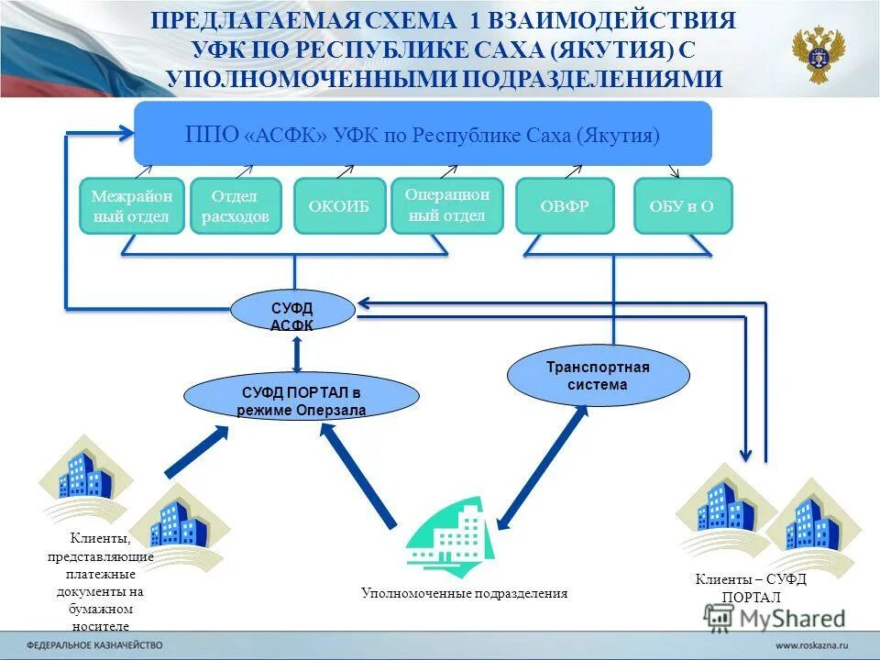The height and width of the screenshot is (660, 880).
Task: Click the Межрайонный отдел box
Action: [132, 205]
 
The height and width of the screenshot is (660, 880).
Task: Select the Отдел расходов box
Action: [236, 205]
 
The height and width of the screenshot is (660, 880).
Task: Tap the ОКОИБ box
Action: [340, 205]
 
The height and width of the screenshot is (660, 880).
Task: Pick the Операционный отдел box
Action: [447, 205]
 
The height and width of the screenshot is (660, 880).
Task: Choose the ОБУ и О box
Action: [683, 205]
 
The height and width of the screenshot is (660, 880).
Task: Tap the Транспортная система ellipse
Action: [598, 376]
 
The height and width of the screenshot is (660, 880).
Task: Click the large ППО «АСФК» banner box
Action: [423, 134]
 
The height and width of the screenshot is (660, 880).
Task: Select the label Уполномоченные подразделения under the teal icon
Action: [464, 593]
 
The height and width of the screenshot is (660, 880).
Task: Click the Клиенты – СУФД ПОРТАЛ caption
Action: [750, 588]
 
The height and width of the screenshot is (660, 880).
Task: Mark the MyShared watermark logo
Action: [775, 617]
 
